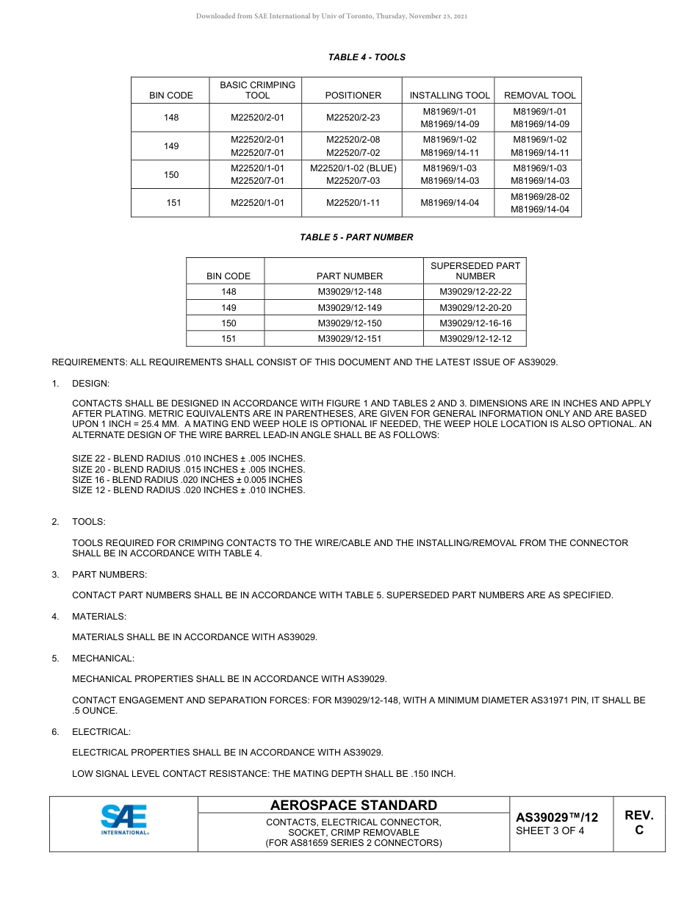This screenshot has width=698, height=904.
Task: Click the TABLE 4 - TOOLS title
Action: pos(367,57)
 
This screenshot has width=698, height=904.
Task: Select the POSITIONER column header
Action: pos(353,96)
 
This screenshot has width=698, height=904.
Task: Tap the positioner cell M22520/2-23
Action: pos(353,118)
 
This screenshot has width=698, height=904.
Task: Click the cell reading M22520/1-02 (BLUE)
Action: pos(353,168)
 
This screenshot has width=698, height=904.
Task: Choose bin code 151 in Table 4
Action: pos(173,203)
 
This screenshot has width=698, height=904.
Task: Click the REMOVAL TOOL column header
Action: pos(540,96)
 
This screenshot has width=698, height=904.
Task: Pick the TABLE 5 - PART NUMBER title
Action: pos(356,237)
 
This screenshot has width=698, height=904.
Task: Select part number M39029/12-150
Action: pos(350,323)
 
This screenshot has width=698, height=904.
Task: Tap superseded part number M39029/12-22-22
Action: pos(475,292)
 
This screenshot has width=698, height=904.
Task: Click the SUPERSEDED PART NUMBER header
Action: pos(475,270)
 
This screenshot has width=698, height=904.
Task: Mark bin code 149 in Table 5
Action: pos(229,308)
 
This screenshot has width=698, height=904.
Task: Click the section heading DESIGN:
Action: pos(90,384)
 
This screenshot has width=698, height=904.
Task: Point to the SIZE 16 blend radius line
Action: pos(187,480)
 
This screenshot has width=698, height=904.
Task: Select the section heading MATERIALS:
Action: pos(99,617)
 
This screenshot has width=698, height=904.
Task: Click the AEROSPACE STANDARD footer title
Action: pos(353,806)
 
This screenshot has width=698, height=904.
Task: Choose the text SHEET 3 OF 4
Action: pos(550,831)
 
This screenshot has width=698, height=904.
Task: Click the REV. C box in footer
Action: pos(638,823)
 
